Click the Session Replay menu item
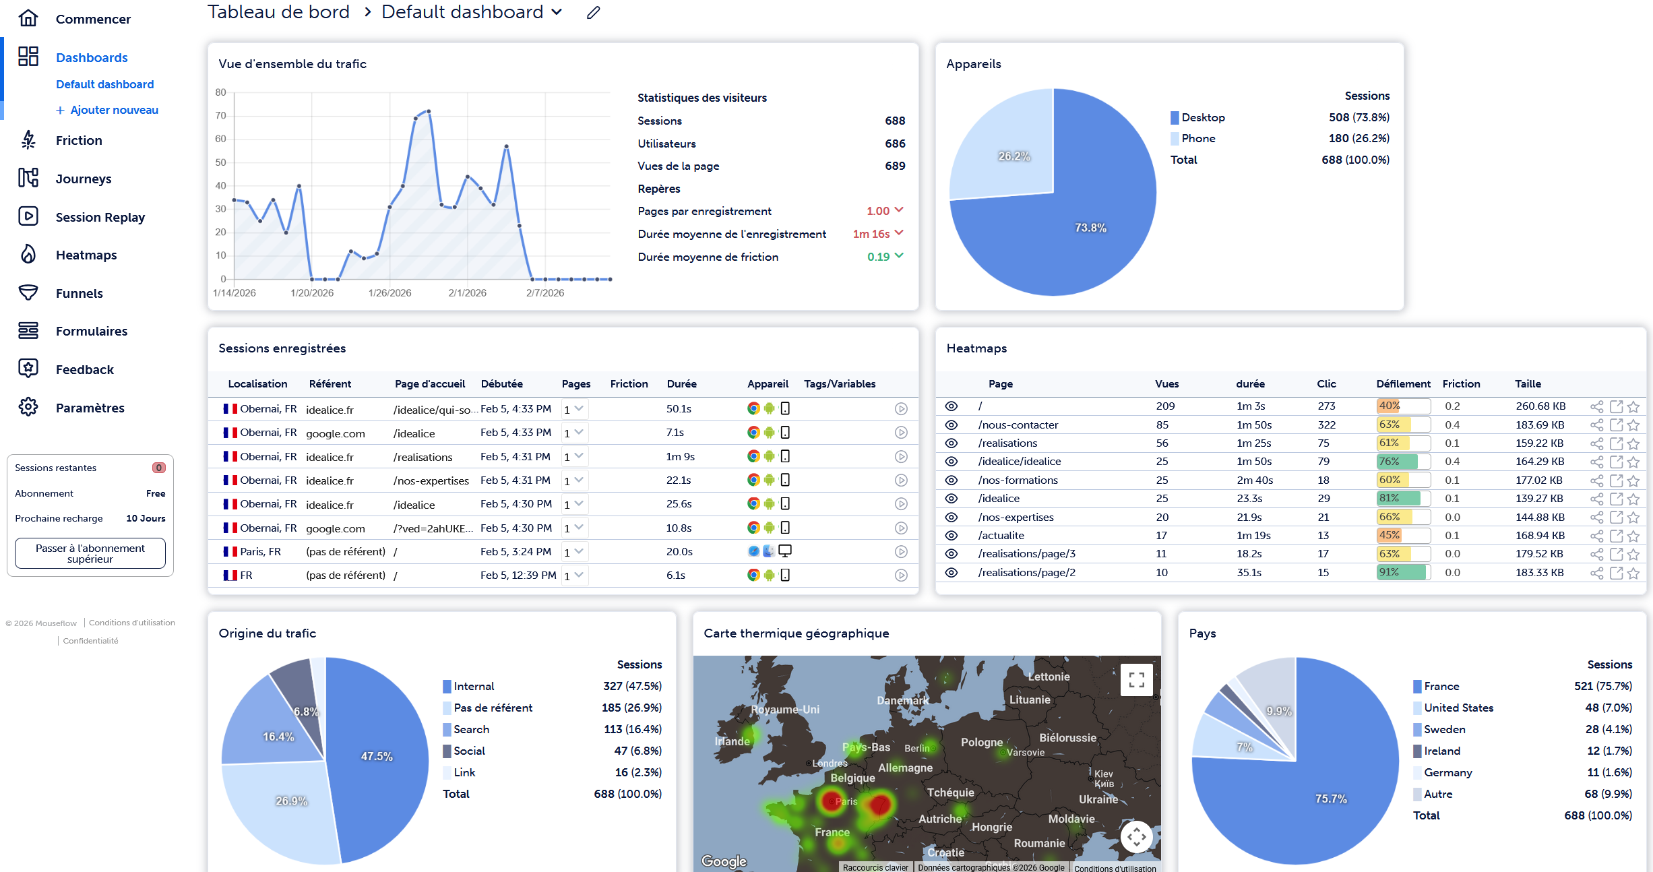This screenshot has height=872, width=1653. tap(100, 217)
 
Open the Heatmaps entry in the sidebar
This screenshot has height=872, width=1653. tap(86, 255)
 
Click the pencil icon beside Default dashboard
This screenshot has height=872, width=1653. tap(593, 13)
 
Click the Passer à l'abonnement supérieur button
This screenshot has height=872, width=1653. tap(90, 553)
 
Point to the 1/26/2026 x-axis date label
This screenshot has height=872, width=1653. tap(389, 293)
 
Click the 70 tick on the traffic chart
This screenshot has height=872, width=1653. tap(221, 116)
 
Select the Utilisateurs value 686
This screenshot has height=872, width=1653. tap(895, 144)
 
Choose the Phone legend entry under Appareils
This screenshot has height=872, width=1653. tap(1198, 138)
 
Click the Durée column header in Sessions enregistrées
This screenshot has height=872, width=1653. tap(681, 384)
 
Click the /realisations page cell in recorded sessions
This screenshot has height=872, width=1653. tap(423, 457)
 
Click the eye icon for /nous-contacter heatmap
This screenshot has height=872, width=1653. tap(951, 425)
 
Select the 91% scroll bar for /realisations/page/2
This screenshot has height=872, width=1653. tap(1402, 573)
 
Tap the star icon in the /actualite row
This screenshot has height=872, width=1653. tap(1633, 536)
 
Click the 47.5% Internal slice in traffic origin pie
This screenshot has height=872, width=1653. tap(376, 756)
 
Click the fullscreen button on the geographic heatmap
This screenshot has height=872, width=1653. tap(1136, 679)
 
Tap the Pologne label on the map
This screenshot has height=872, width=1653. tap(981, 742)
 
